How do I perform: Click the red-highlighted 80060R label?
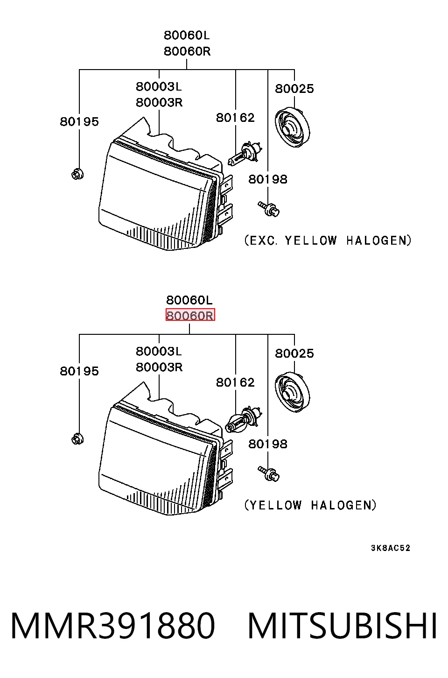click(x=190, y=315)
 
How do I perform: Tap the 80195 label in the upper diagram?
click(x=79, y=122)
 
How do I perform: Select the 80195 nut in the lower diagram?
click(x=77, y=439)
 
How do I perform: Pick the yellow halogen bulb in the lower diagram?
click(x=244, y=419)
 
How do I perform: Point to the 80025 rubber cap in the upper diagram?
click(x=293, y=127)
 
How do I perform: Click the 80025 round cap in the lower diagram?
click(x=293, y=392)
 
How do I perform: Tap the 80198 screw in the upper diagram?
click(x=269, y=209)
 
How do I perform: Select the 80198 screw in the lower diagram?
click(x=269, y=474)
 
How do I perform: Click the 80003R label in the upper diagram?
click(x=159, y=103)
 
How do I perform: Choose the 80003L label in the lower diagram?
click(x=159, y=352)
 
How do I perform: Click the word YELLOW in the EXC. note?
click(x=311, y=240)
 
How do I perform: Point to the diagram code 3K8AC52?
click(x=391, y=548)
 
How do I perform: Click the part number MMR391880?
click(x=113, y=626)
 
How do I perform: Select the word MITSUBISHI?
click(x=343, y=626)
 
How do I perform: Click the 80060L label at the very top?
click(x=187, y=35)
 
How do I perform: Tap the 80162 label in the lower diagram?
click(x=235, y=382)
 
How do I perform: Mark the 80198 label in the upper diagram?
click(x=268, y=179)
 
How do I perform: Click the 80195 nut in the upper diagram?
click(x=77, y=174)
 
